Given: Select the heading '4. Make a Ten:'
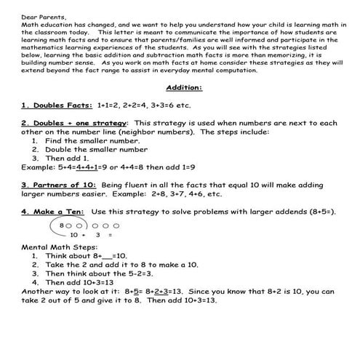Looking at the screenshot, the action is point(48,212).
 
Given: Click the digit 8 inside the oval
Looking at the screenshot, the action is point(61,225).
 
